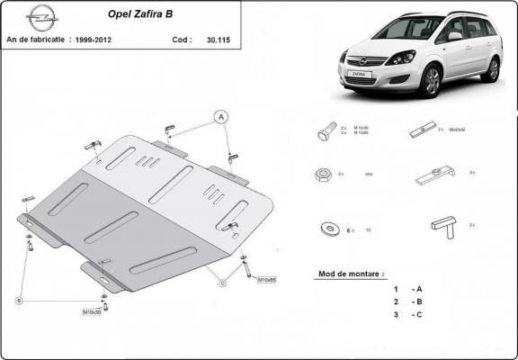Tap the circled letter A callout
coord(219,114)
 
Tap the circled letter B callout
coord(19,300)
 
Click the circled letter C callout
coord(221,283)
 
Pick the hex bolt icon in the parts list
coord(326,131)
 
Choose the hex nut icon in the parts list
coord(322,174)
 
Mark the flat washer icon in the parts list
coord(326,229)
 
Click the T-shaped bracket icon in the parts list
coord(443,225)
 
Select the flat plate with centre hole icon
coord(423,130)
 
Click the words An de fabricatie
coord(35,40)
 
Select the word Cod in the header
coord(180,40)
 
